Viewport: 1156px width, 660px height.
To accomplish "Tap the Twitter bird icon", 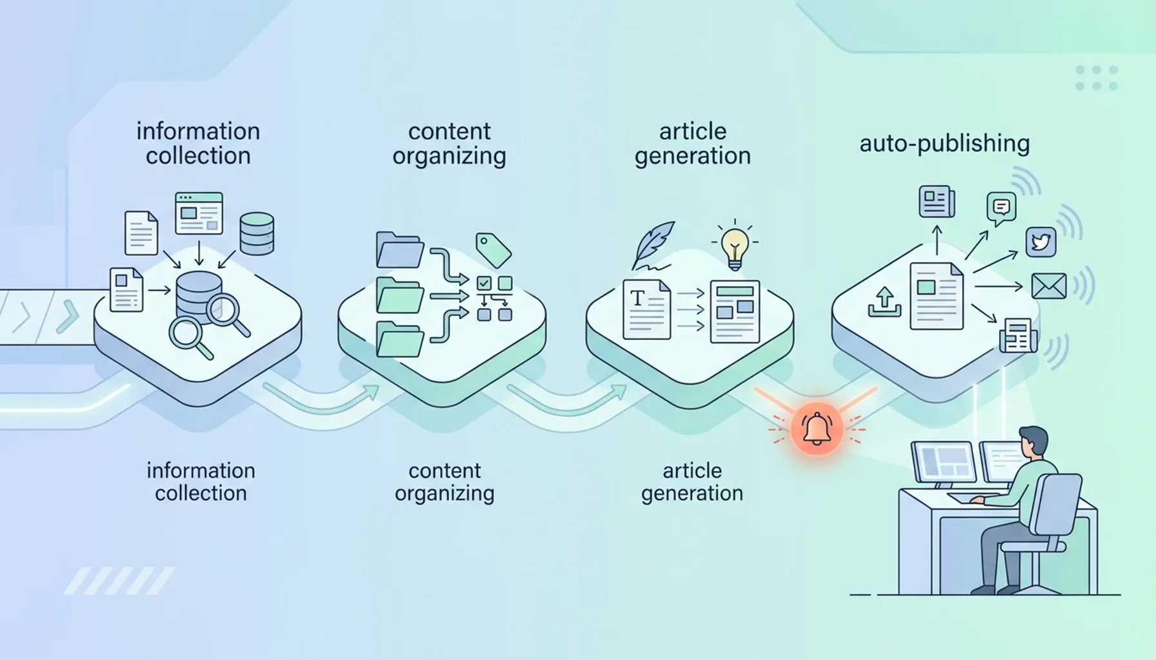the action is (x=1041, y=242).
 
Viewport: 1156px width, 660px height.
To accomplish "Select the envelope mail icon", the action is (x=1048, y=286).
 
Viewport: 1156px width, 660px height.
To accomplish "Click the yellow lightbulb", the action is (x=735, y=248).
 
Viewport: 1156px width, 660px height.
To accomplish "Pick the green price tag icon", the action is (x=493, y=250).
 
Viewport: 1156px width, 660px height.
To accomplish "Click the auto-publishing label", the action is (x=944, y=143).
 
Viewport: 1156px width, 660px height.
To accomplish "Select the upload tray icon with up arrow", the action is (x=884, y=302).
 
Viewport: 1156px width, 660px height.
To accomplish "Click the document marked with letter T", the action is (x=646, y=309).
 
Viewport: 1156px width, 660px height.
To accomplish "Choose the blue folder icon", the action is (x=399, y=250).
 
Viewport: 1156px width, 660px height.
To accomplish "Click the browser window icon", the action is (x=199, y=213).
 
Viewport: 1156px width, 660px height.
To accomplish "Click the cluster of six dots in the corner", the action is (x=1097, y=78).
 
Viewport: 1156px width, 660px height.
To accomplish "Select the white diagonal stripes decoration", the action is (x=119, y=581).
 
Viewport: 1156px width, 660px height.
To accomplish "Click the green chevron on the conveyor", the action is (x=67, y=316).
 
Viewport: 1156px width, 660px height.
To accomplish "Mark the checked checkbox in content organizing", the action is (x=483, y=284).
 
